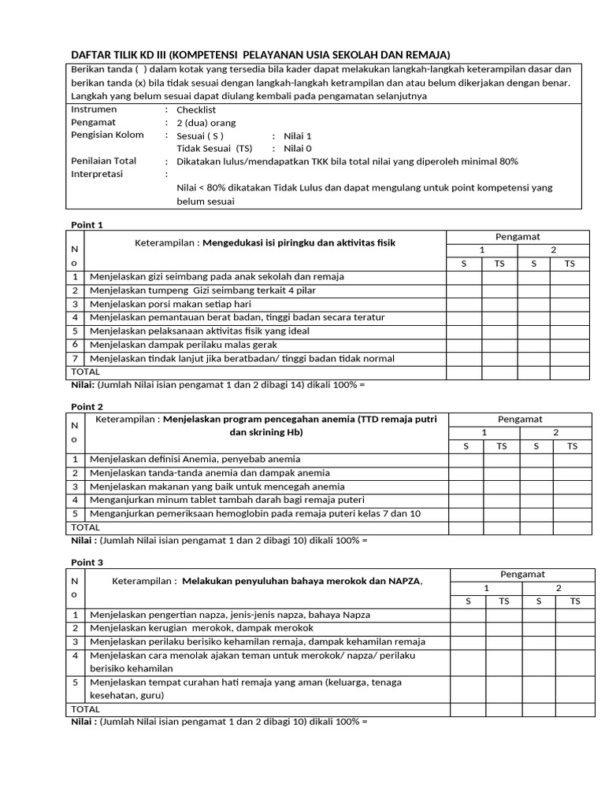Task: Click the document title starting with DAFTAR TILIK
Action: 260,54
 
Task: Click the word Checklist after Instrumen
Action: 196,110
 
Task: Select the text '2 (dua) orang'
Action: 206,123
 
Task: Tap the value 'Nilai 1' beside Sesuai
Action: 298,135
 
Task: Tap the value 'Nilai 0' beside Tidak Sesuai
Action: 298,148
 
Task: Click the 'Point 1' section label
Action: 87,225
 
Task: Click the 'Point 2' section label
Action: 87,407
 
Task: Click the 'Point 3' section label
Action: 87,563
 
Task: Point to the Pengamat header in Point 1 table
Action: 518,237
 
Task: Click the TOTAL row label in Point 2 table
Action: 86,527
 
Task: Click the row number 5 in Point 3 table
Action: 76,682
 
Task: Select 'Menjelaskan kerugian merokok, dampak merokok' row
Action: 202,628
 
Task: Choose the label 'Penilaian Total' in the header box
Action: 104,161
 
